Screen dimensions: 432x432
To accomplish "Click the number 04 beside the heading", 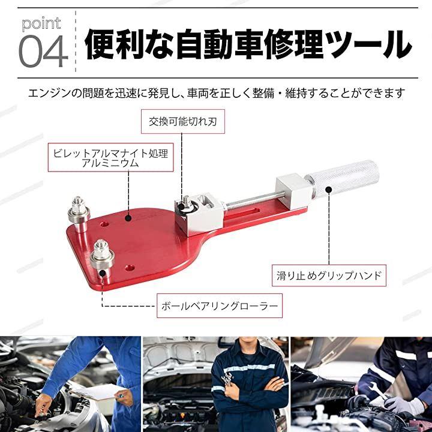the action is [x=43, y=52].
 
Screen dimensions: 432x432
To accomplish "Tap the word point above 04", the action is [x=41, y=23].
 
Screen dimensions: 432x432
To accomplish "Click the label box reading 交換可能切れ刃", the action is [x=182, y=121].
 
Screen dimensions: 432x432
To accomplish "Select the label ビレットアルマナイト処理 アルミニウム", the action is [x=111, y=157].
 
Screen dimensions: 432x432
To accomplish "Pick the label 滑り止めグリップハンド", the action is [x=329, y=275].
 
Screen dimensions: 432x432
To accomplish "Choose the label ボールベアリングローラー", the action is [x=220, y=306].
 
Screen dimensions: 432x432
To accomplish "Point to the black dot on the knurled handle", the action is [x=328, y=190].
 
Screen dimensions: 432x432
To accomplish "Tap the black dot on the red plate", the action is [x=128, y=218].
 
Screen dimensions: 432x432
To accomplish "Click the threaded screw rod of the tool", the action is [x=251, y=200].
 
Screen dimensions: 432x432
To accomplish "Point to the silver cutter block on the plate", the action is [x=199, y=214].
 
